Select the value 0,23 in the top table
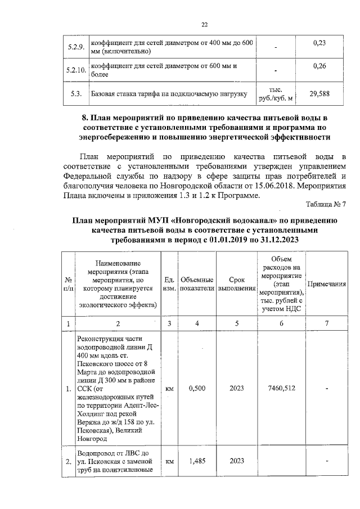[319, 43]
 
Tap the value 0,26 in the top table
[319, 66]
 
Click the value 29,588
[319, 94]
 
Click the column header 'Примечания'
[327, 284]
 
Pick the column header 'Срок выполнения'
[237, 284]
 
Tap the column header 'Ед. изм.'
[169, 284]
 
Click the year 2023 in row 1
[237, 388]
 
